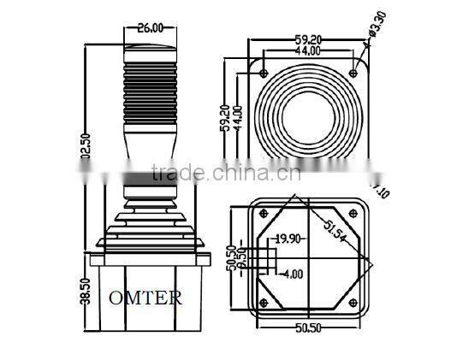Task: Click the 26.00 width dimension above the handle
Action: [150, 27]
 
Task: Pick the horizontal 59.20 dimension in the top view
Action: [308, 38]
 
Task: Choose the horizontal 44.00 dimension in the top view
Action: [308, 50]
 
